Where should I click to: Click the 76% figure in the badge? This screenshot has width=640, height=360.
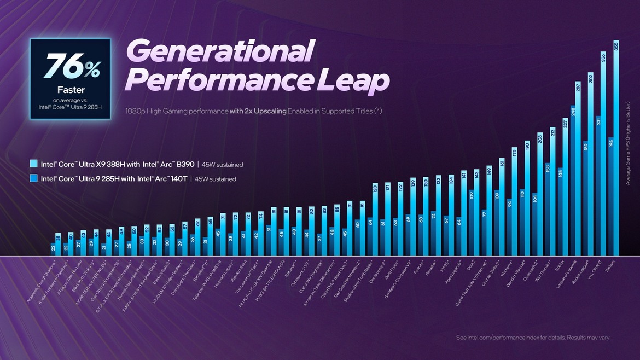tap(71, 67)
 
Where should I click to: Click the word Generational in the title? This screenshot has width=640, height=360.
tap(220, 52)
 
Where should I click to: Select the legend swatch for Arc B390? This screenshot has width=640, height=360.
tap(34, 164)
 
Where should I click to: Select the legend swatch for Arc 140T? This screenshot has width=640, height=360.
tap(34, 178)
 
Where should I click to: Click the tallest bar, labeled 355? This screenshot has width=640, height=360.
tap(616, 148)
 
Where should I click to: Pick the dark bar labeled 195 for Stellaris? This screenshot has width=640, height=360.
tap(610, 197)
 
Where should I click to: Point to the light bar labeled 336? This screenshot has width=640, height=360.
tap(603, 153)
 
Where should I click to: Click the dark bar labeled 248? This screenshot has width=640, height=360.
tap(572, 181)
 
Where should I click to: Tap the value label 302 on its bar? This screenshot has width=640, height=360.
tap(591, 78)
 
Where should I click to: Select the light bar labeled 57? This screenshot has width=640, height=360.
tap(185, 239)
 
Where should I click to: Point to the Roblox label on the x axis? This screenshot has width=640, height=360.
tap(560, 264)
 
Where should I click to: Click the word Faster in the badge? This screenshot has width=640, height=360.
tap(71, 90)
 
